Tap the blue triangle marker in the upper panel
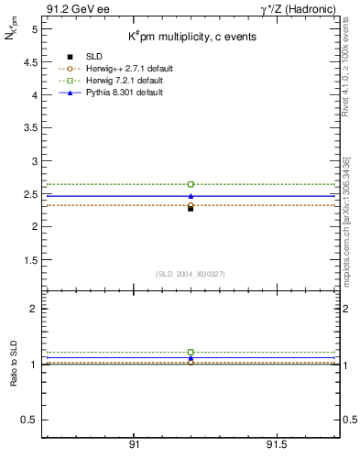tap(191, 196)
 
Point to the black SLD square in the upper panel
tap(191, 208)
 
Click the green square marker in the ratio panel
tap(191, 352)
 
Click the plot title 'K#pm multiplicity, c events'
tap(191, 38)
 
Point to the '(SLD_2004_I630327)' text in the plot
tap(191, 274)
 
